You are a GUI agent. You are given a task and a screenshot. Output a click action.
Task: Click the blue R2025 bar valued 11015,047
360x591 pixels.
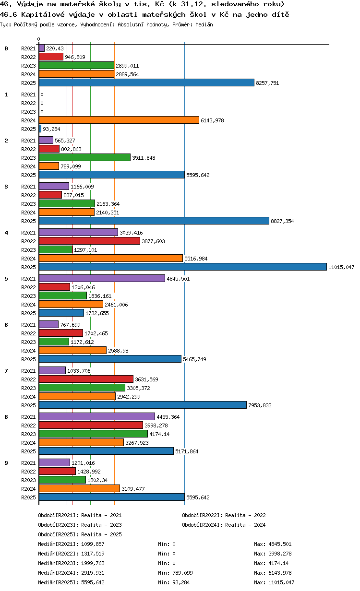(182, 267)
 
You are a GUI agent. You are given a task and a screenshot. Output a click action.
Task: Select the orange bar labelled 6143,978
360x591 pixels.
(119, 120)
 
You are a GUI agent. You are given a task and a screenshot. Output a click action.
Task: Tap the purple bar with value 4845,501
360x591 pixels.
(102, 278)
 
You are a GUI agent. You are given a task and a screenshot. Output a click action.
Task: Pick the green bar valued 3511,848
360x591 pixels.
(84, 157)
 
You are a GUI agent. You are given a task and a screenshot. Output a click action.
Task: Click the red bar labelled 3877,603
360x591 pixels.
(89, 241)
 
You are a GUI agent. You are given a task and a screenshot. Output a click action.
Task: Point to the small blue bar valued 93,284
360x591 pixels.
(40, 129)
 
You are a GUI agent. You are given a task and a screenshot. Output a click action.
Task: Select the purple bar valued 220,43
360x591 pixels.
(42, 48)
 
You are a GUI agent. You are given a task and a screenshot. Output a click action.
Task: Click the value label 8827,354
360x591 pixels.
(282, 221)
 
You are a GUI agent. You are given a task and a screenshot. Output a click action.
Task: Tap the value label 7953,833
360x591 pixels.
(260, 405)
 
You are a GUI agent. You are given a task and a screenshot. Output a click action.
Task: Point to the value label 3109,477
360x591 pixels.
(133, 489)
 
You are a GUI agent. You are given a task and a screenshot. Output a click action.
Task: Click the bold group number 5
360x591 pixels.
(6, 279)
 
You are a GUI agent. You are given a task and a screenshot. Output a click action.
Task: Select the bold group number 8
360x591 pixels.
(6, 417)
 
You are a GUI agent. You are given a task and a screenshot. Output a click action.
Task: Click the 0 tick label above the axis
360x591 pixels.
(38, 39)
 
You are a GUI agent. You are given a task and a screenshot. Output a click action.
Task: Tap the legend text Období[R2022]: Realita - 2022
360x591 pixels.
(224, 515)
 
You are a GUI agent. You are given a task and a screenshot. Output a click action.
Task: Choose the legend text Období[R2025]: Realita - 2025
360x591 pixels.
(80, 534)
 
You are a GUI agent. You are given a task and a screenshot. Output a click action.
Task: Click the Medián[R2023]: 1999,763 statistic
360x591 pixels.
(71, 563)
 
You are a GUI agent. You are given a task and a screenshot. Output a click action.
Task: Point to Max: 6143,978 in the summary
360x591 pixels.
(273, 573)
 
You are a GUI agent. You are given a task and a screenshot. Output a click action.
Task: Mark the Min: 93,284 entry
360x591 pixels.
(174, 582)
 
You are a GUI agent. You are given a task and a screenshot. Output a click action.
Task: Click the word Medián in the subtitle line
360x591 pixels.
(204, 24)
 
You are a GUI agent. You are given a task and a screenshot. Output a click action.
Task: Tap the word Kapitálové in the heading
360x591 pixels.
(43, 14)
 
